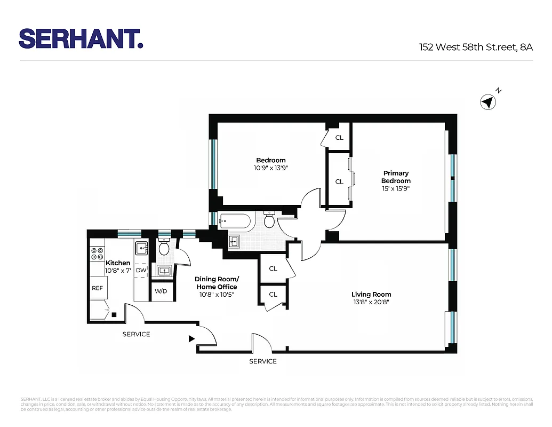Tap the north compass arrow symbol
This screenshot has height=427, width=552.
point(487,101)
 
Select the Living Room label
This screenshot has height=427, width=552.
point(371,294)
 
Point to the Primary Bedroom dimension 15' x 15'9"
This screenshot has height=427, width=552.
point(396,188)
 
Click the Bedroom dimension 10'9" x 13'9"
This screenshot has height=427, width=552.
point(270,168)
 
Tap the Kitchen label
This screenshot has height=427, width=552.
point(118,263)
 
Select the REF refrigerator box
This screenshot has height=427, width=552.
point(97,288)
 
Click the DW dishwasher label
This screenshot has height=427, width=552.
point(141,271)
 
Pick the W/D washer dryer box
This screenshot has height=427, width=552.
point(161,291)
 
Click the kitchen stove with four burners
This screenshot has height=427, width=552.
point(97,254)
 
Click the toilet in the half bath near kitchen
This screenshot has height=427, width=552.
point(164,248)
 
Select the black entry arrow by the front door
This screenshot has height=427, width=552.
point(191,338)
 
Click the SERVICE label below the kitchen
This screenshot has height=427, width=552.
point(136,334)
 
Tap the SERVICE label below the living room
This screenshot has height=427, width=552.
point(263,361)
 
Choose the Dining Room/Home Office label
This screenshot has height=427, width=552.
point(217,283)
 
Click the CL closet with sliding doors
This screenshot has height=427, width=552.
point(339,181)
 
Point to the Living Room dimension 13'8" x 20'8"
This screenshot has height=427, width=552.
point(371,302)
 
